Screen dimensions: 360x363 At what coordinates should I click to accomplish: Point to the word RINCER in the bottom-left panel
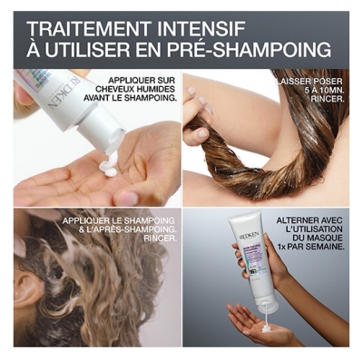[157, 240]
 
